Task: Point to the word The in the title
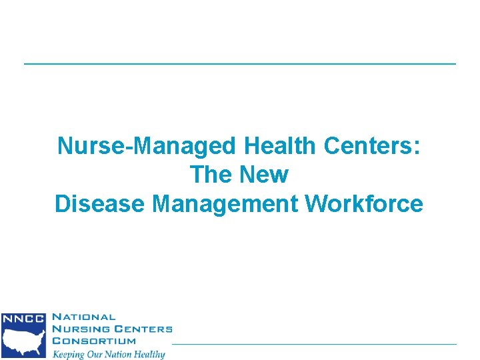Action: (209, 175)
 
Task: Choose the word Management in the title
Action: (226, 204)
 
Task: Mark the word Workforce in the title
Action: (364, 204)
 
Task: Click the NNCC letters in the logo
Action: (23, 319)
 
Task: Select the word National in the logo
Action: (83, 318)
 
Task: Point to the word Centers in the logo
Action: (141, 329)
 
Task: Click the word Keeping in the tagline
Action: (70, 354)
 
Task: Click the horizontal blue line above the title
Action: (240, 63)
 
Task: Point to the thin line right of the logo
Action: (313, 344)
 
